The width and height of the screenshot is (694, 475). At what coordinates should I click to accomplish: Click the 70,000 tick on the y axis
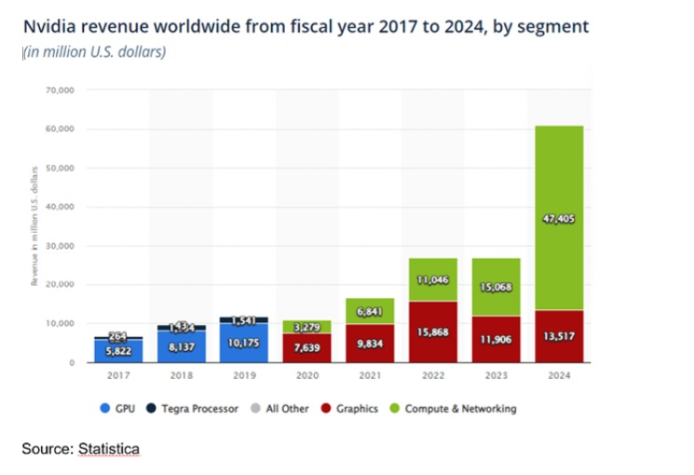pyautogui.click(x=60, y=90)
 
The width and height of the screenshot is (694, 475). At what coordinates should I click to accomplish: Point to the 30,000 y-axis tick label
pyautogui.click(x=60, y=246)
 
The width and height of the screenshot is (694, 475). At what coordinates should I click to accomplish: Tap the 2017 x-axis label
pyautogui.click(x=116, y=376)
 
